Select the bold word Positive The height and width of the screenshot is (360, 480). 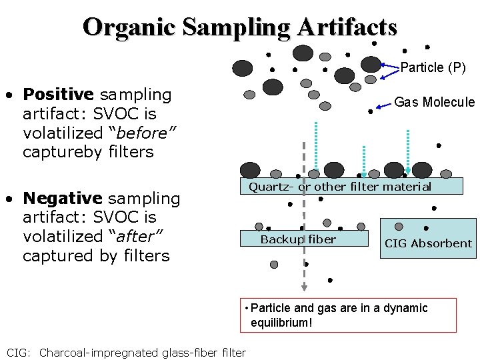[x=59, y=95]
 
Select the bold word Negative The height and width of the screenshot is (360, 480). [x=62, y=198]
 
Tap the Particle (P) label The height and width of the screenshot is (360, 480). [x=433, y=67]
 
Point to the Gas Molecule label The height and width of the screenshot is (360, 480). [x=435, y=102]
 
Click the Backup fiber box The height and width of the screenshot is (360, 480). [x=298, y=239]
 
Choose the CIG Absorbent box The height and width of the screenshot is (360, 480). [x=428, y=243]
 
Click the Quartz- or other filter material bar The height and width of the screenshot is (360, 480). [x=340, y=187]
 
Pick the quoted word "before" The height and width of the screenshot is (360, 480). [x=147, y=133]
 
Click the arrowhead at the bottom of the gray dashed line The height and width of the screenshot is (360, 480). [x=304, y=287]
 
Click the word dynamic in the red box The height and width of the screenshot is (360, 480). [x=404, y=308]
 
